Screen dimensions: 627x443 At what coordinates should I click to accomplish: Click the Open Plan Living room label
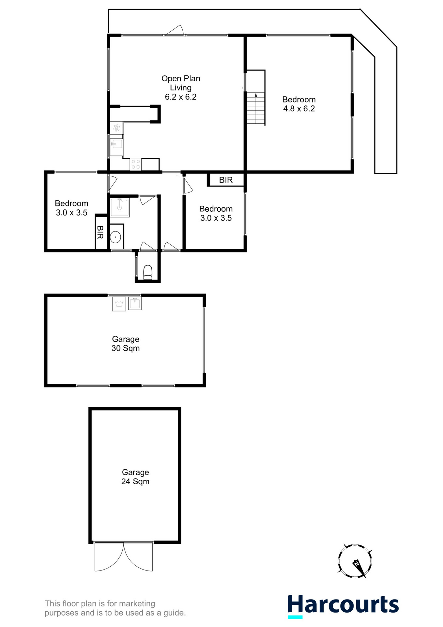click(x=180, y=83)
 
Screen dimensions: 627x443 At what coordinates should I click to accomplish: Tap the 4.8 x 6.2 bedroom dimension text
click(x=299, y=109)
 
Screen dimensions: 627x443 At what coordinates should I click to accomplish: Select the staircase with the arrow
click(x=255, y=108)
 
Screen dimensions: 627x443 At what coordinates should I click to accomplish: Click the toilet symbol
click(x=148, y=272)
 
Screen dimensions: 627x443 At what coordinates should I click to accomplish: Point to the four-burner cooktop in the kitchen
click(x=135, y=164)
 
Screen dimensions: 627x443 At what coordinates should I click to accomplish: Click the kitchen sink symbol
click(x=116, y=144)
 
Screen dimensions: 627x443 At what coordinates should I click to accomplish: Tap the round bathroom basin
click(x=115, y=237)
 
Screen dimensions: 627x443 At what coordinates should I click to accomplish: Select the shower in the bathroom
click(x=120, y=207)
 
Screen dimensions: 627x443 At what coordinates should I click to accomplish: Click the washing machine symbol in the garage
click(x=119, y=304)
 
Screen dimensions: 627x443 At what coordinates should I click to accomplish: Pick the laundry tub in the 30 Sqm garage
click(x=135, y=303)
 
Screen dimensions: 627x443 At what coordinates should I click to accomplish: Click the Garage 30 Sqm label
click(x=126, y=344)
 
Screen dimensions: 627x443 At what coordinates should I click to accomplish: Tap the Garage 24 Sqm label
click(x=135, y=477)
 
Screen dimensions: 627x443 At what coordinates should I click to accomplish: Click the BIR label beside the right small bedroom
click(x=226, y=180)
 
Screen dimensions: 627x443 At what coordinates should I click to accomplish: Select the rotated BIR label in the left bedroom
click(x=100, y=232)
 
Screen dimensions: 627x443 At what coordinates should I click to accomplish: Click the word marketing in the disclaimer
click(x=137, y=603)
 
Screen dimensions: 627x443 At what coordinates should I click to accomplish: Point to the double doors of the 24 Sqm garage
click(x=124, y=556)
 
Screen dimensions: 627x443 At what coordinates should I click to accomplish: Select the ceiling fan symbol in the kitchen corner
click(x=116, y=128)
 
